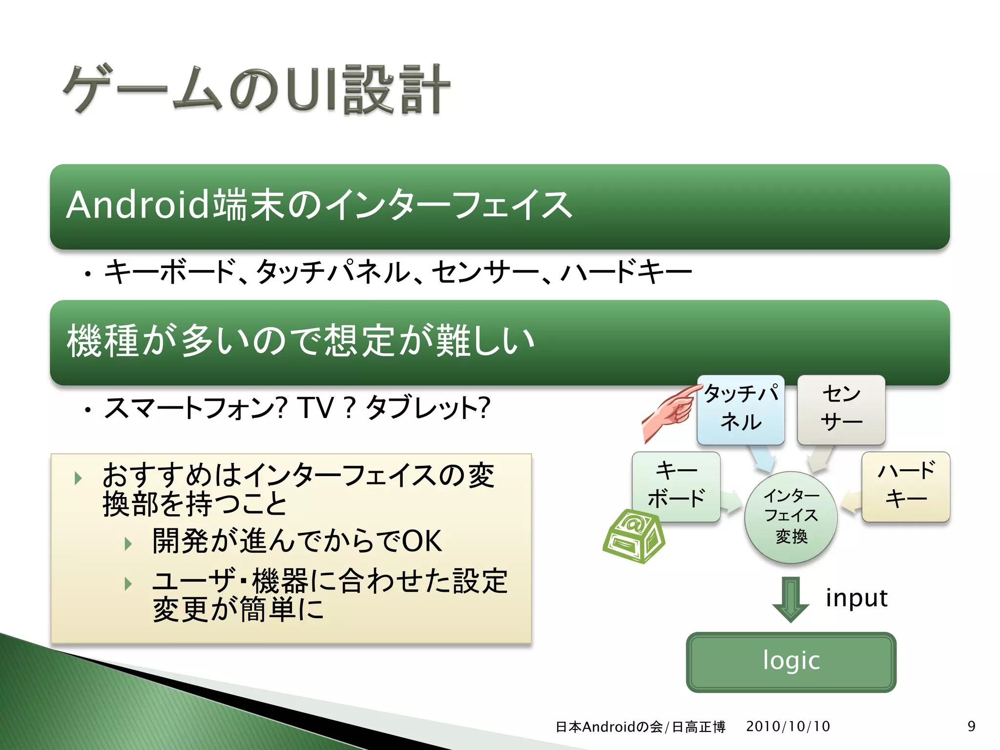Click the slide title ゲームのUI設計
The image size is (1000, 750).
click(x=256, y=90)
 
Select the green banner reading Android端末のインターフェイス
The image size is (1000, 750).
click(x=500, y=206)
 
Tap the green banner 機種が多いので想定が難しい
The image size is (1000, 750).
click(x=500, y=342)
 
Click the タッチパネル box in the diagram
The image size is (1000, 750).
click(x=741, y=409)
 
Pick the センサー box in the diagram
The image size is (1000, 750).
click(x=841, y=409)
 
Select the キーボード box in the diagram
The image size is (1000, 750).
click(x=676, y=486)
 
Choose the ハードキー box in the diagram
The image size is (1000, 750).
click(x=906, y=486)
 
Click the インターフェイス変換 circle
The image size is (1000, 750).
click(x=791, y=517)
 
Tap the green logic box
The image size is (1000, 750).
click(x=791, y=662)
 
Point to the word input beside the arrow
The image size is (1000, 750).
click(x=856, y=598)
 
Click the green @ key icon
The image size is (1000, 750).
click(x=633, y=536)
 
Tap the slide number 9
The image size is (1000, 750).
click(x=971, y=726)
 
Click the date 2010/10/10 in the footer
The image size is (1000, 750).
click(x=788, y=726)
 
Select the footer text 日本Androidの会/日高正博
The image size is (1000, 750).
click(x=640, y=727)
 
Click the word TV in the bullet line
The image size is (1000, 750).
click(x=316, y=408)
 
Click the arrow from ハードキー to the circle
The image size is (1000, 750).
click(x=851, y=502)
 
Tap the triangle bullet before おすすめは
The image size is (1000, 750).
click(x=78, y=478)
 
